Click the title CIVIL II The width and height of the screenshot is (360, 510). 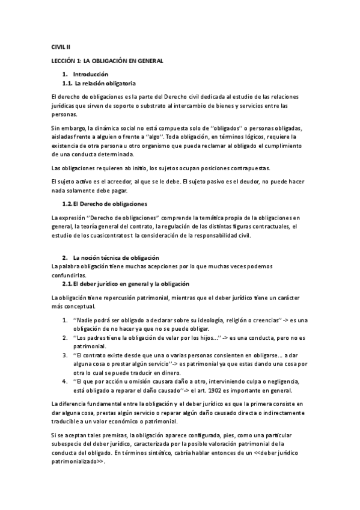pyautogui.click(x=61, y=46)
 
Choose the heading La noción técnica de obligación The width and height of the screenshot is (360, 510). pyautogui.click(x=112, y=257)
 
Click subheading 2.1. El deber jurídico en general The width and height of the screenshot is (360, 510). pyautogui.click(x=126, y=283)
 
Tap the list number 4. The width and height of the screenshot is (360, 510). pyautogui.click(x=65, y=381)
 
